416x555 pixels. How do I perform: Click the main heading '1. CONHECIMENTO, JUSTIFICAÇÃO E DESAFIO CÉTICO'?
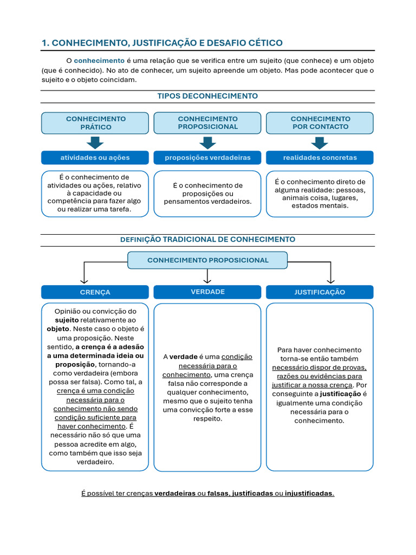(162, 43)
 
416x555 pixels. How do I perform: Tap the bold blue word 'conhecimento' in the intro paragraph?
(99, 60)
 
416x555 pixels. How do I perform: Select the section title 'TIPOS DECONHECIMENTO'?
(207, 96)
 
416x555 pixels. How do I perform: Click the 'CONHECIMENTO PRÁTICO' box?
(95, 123)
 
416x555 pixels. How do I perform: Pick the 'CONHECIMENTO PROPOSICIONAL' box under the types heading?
(207, 122)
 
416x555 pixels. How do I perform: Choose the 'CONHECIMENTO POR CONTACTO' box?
(320, 122)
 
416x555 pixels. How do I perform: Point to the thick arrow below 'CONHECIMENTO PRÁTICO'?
(95, 143)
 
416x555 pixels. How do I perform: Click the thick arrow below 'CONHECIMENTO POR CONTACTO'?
(320, 143)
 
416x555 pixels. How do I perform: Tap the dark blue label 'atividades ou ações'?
(95, 158)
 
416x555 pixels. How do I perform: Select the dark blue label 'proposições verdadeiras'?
(207, 158)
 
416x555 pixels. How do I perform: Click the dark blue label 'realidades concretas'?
(320, 158)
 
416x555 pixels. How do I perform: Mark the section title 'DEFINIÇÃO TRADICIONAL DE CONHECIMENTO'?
(207, 239)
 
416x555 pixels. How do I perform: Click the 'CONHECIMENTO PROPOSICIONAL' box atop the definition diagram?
(207, 260)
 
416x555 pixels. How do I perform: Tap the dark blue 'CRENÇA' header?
(95, 292)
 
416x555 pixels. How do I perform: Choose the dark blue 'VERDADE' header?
(207, 292)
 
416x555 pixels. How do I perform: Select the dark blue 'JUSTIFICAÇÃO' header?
(320, 292)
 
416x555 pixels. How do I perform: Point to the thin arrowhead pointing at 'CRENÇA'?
(84, 280)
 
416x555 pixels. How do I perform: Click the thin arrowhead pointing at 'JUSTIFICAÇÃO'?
(330, 280)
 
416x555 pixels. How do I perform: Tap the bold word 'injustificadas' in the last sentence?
(309, 493)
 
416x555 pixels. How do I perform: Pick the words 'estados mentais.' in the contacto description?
(320, 205)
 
